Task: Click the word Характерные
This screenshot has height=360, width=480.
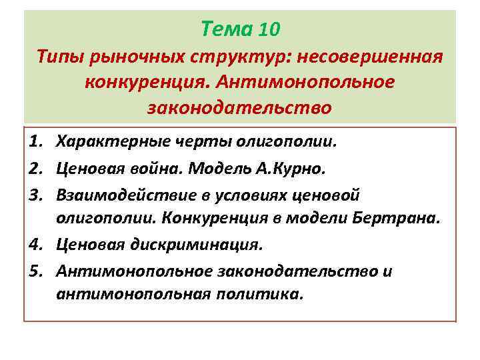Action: pyautogui.click(x=115, y=142)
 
